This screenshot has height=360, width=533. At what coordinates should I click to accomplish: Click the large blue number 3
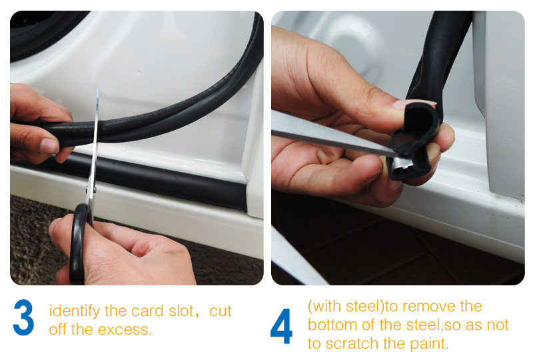click(23, 318)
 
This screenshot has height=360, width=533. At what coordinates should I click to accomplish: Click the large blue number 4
click(281, 326)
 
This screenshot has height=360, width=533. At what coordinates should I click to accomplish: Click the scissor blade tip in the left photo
click(97, 93)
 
